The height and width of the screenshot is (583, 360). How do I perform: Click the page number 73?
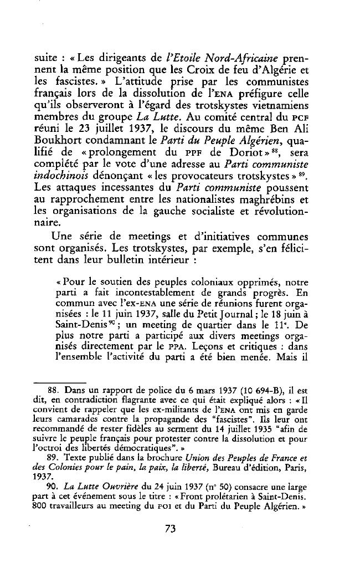pos(170,528)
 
